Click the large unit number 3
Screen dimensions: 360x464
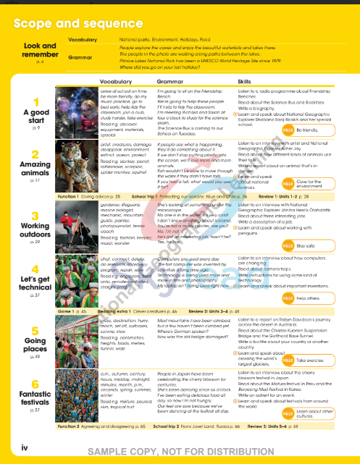[x=35, y=216]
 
